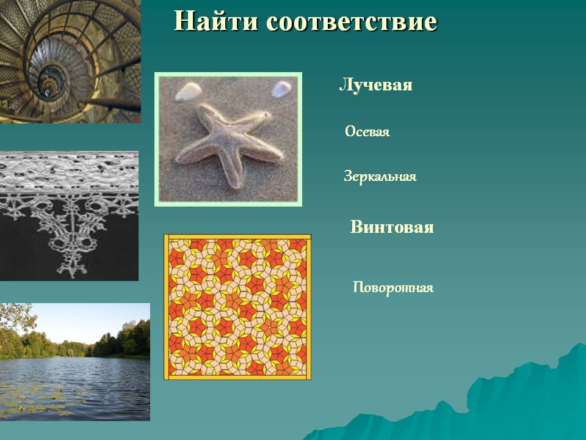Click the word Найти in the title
click(215, 21)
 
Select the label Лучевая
click(375, 85)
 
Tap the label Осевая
click(367, 132)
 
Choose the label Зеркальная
click(380, 176)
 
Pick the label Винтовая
click(392, 227)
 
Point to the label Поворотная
click(393, 287)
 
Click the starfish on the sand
click(228, 144)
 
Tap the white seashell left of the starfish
click(189, 92)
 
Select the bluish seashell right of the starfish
click(281, 89)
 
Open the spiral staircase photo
click(70, 61)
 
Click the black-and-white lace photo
click(69, 216)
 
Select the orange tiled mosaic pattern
click(237, 307)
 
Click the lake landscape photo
click(74, 362)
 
